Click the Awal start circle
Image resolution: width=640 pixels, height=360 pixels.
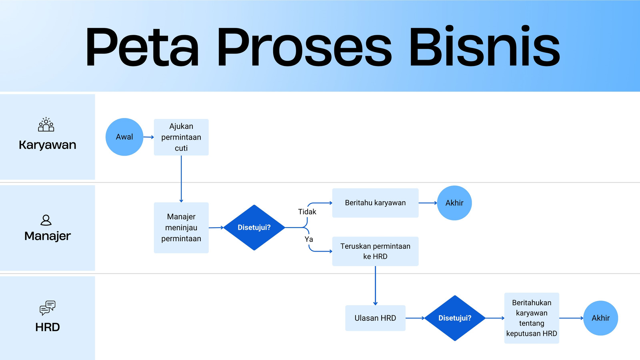(124, 137)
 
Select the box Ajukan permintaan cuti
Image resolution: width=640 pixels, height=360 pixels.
(181, 137)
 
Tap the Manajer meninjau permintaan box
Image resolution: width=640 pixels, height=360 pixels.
(181, 228)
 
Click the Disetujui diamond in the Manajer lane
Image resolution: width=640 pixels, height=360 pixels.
(254, 228)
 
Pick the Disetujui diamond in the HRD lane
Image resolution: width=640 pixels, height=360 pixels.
(455, 318)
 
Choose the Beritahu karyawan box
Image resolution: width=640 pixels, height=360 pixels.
(375, 203)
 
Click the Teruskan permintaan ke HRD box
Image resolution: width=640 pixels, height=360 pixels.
(375, 251)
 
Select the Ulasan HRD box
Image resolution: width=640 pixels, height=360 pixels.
(375, 318)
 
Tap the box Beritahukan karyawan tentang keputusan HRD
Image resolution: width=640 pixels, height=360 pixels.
(532, 318)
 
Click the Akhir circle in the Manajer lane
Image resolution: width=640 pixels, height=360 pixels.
(454, 203)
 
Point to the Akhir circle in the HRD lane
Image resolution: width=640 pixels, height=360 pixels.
(600, 318)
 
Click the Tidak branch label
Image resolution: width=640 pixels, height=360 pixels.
(307, 212)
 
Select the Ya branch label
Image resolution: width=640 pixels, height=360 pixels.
(308, 239)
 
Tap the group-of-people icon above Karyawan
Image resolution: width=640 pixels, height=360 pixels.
(46, 124)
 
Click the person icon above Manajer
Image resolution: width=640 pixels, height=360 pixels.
(46, 220)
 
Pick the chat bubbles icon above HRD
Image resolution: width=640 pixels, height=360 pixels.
(48, 308)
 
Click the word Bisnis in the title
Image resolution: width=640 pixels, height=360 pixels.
(484, 46)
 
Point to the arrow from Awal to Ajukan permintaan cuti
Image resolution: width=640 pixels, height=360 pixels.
(148, 137)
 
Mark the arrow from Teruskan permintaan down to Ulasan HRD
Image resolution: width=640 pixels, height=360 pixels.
(376, 286)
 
